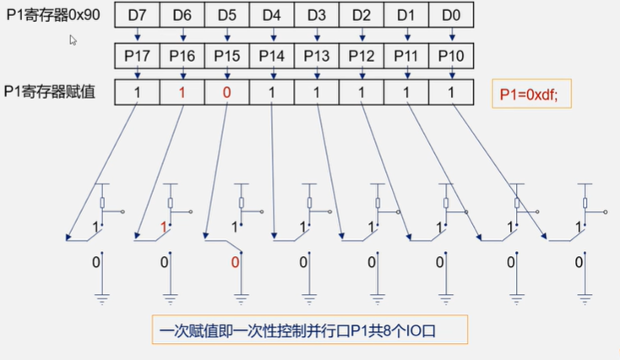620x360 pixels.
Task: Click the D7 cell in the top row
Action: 136,15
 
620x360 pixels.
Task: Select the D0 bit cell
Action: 451,15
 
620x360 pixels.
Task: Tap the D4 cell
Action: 271,15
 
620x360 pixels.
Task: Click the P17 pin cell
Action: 136,56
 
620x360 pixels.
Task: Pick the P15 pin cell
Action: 226,56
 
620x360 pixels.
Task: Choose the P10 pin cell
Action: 451,56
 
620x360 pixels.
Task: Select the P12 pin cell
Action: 362,56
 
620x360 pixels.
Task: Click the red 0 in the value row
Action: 226,92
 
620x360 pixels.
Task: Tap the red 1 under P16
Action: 181,92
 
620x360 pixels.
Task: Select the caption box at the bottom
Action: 309,330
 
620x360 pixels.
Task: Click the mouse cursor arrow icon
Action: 73,39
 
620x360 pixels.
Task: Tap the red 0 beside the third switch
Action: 235,263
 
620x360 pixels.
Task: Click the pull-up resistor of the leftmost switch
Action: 101,203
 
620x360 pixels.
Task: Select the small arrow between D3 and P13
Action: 317,35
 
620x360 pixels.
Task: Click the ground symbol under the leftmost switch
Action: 101,295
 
